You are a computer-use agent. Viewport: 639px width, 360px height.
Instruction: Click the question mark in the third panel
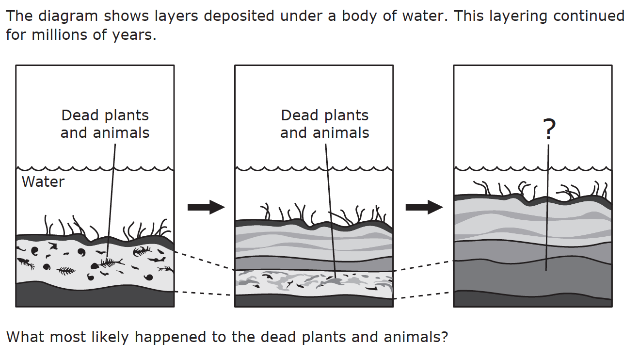pyautogui.click(x=548, y=130)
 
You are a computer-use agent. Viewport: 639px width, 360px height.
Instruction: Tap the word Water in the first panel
pyautogui.click(x=43, y=182)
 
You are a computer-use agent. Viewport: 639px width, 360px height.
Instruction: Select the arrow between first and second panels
pyautogui.click(x=206, y=207)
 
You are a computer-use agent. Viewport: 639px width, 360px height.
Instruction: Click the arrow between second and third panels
pyautogui.click(x=424, y=207)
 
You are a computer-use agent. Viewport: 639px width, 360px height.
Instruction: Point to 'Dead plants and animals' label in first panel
pyautogui.click(x=105, y=124)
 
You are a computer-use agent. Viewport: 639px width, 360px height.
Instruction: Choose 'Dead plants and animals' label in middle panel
pyautogui.click(x=324, y=124)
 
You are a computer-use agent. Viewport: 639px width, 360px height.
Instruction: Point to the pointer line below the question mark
pyautogui.click(x=547, y=204)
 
